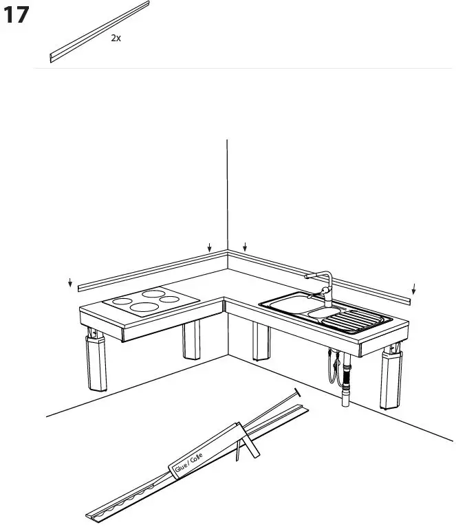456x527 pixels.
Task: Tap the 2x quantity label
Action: pyautogui.click(x=116, y=39)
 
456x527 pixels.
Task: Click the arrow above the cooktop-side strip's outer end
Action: pyautogui.click(x=70, y=284)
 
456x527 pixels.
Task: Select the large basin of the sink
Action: pyautogui.click(x=283, y=302)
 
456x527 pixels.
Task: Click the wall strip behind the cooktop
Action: pyautogui.click(x=151, y=268)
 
